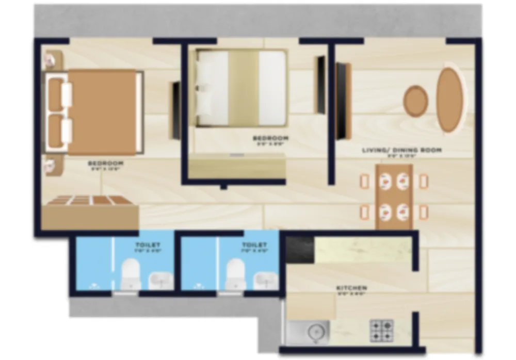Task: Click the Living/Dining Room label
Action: [401, 150]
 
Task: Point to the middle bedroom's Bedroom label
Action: [270, 138]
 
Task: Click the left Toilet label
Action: [148, 245]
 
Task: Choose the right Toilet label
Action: [255, 245]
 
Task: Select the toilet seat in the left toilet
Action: [130, 274]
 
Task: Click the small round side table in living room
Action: [415, 101]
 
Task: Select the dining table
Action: [394, 196]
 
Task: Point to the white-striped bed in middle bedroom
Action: [241, 88]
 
